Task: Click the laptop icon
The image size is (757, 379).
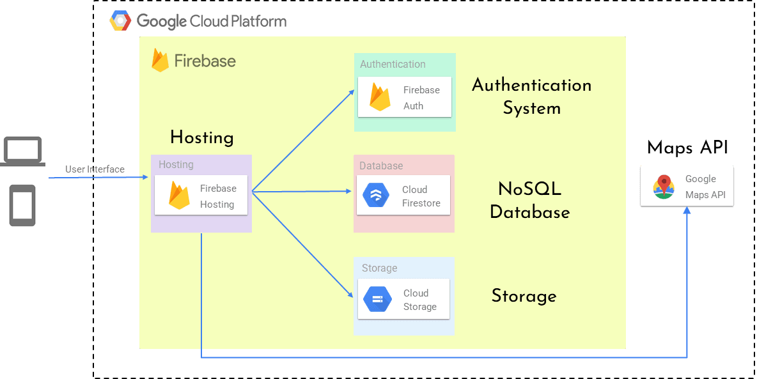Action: pyautogui.click(x=23, y=152)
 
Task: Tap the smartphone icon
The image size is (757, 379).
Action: pyautogui.click(x=22, y=205)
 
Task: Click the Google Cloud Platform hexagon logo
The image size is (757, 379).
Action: pyautogui.click(x=120, y=21)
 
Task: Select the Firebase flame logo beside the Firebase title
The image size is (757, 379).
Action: pyautogui.click(x=160, y=60)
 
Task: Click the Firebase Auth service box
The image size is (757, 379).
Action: pyautogui.click(x=404, y=97)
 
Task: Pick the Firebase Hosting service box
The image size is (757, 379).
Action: pyautogui.click(x=201, y=196)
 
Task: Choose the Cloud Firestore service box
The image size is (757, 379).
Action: pyautogui.click(x=403, y=196)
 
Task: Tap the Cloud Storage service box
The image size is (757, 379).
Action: pyautogui.click(x=403, y=299)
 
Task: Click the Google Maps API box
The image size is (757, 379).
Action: pyautogui.click(x=687, y=187)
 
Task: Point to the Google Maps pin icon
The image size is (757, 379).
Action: pyautogui.click(x=664, y=187)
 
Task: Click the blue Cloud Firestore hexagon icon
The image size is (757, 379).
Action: pyautogui.click(x=376, y=196)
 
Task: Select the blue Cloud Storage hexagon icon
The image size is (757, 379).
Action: pyautogui.click(x=377, y=299)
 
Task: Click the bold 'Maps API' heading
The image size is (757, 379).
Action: pyautogui.click(x=687, y=148)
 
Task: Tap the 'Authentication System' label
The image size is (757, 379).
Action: pyautogui.click(x=531, y=96)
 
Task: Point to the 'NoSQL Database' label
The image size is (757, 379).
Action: pyautogui.click(x=529, y=200)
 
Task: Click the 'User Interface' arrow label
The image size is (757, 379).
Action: pyautogui.click(x=95, y=169)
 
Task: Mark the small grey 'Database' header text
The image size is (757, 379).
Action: pyautogui.click(x=381, y=166)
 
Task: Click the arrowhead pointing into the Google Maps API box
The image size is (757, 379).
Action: pyautogui.click(x=687, y=211)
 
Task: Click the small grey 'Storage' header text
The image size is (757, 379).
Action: pyautogui.click(x=379, y=268)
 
